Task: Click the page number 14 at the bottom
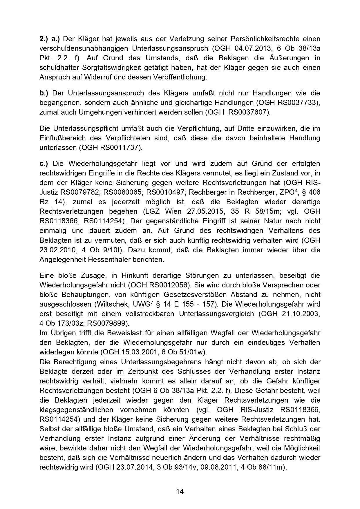point(180,491)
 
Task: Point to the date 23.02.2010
point(57,250)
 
